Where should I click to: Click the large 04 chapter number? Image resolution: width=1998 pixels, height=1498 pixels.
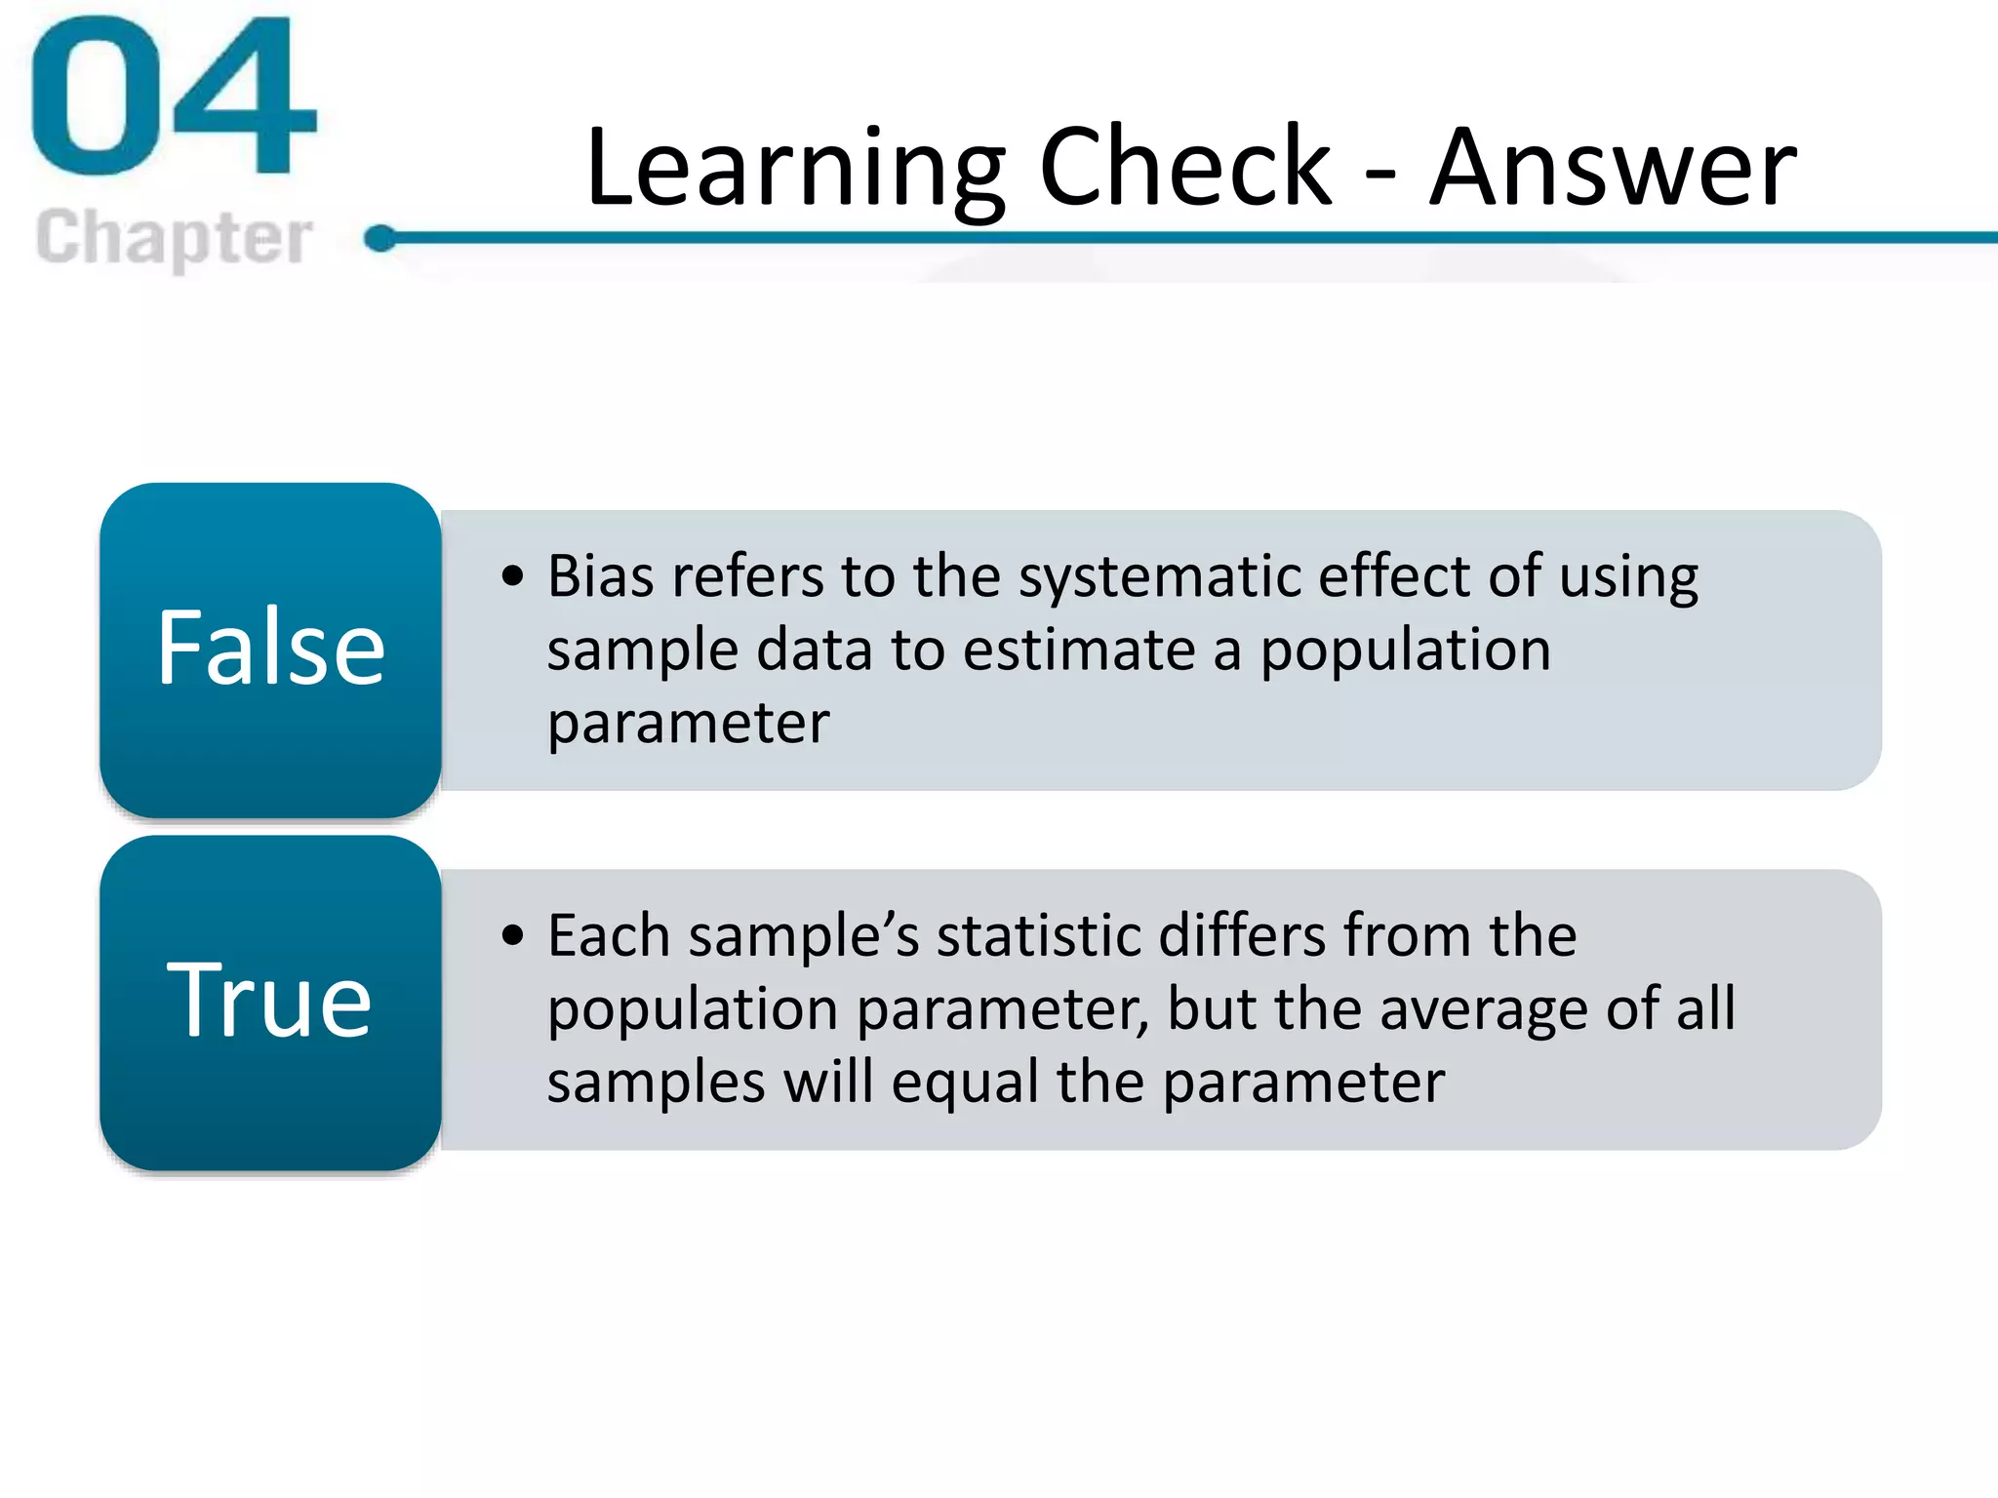tap(174, 98)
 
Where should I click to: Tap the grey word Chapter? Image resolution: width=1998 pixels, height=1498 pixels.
tap(174, 238)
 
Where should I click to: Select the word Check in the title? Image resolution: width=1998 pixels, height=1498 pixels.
tap(1184, 168)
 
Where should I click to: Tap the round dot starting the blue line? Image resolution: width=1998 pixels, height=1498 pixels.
tap(381, 238)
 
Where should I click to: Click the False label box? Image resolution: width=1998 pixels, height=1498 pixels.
tap(270, 650)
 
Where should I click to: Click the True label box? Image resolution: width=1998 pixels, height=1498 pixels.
tap(270, 1003)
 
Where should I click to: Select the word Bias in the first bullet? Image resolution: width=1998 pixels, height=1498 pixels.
tap(600, 576)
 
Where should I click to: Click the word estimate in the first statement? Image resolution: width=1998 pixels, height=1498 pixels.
tap(1079, 650)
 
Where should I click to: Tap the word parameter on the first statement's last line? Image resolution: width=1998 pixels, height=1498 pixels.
tap(688, 725)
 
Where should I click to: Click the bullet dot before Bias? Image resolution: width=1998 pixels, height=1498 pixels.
tap(513, 576)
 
